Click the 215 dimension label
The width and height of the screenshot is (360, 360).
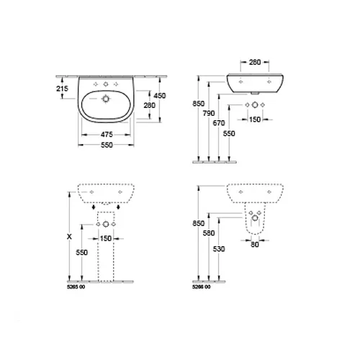(62, 89)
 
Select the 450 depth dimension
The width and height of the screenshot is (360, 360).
(160, 96)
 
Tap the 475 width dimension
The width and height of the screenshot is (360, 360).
(107, 135)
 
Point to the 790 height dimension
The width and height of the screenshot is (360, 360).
(209, 113)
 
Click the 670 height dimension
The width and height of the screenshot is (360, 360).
(219, 123)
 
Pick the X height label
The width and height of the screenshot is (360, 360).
(69, 237)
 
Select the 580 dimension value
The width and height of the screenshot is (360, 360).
(209, 233)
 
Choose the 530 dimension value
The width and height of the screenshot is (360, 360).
(219, 249)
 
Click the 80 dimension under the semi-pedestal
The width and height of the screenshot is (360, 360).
(255, 244)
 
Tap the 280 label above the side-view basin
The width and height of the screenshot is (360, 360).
(255, 62)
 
